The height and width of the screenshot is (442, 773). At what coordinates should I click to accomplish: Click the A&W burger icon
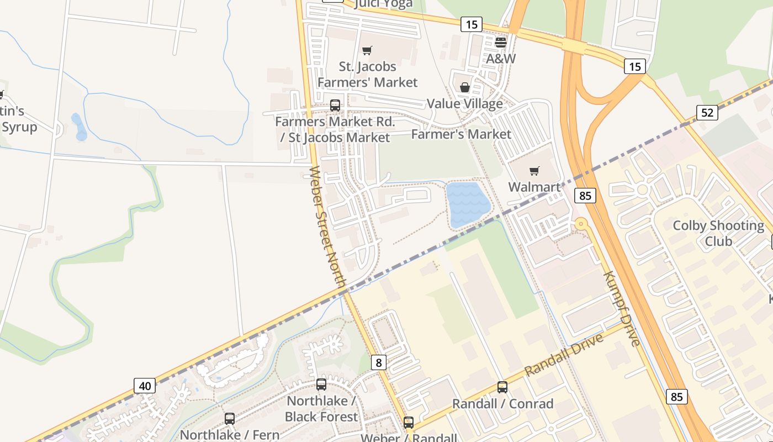[501, 42]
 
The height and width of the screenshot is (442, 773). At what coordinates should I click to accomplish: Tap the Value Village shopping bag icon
[465, 87]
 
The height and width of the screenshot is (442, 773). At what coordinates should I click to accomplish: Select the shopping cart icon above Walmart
[534, 171]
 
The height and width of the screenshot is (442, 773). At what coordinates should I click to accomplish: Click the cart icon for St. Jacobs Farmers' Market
[367, 50]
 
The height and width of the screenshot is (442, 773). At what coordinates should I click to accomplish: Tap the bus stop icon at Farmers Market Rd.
[335, 105]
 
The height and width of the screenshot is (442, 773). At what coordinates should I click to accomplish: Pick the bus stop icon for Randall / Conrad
[502, 387]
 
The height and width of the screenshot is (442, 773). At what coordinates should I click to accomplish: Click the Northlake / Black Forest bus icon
[321, 384]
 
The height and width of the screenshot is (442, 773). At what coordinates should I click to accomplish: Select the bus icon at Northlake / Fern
[230, 418]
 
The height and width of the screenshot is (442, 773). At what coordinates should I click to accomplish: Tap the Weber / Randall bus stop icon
[408, 422]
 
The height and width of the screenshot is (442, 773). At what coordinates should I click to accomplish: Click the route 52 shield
[707, 113]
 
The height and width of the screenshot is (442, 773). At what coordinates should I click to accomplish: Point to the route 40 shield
[145, 385]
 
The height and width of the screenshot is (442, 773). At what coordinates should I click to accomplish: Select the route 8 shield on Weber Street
[378, 362]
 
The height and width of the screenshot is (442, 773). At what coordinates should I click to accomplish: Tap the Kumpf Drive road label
[621, 308]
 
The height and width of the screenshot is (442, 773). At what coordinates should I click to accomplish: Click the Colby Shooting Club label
[718, 233]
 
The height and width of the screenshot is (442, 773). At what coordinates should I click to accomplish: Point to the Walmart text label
[534, 187]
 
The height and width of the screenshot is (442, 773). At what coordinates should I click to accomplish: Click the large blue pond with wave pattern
[468, 203]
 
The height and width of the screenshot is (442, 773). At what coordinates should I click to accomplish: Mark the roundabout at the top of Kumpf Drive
[580, 224]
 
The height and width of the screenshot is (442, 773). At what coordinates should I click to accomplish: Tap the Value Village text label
[464, 104]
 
